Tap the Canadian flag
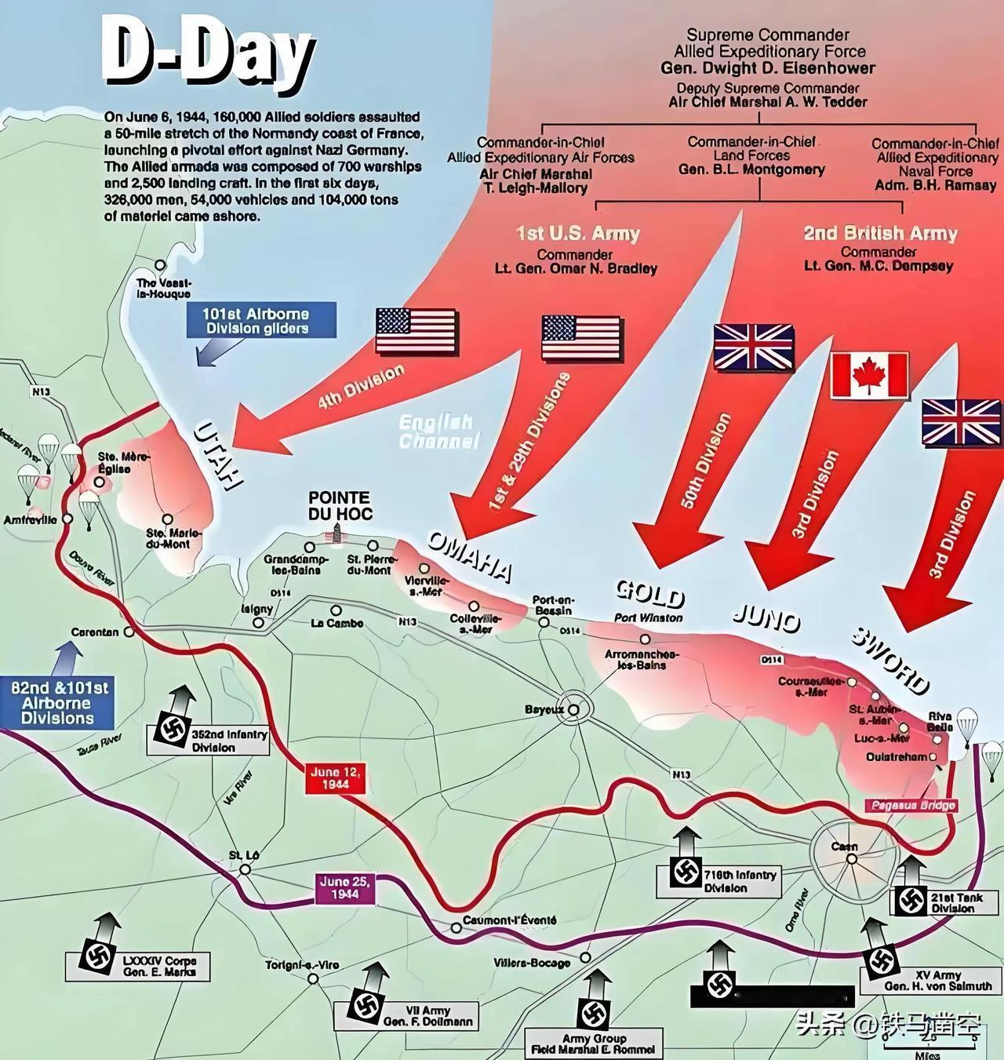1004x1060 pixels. pyautogui.click(x=869, y=374)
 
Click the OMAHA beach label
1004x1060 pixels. pyautogui.click(x=469, y=556)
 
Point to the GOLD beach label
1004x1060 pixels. pyautogui.click(x=650, y=594)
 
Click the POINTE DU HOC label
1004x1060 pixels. pyautogui.click(x=339, y=505)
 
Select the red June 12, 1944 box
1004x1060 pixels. pyautogui.click(x=336, y=778)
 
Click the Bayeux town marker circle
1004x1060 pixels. pyautogui.click(x=574, y=709)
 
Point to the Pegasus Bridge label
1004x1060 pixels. pyautogui.click(x=911, y=805)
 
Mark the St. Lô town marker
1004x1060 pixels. pyautogui.click(x=246, y=869)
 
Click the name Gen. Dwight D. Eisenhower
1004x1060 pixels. pyautogui.click(x=767, y=68)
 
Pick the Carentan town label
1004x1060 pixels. pyautogui.click(x=95, y=632)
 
